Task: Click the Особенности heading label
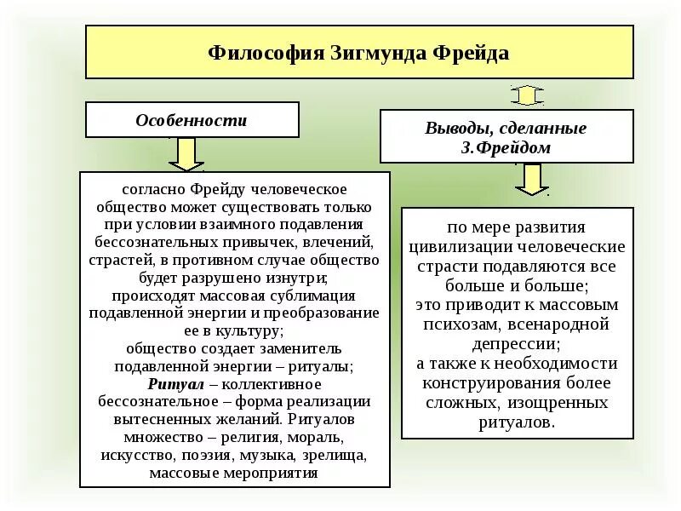pos(192,120)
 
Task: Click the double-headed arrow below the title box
pos(527,95)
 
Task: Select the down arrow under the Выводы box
pos(532,179)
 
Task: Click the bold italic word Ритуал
pos(170,384)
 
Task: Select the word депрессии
pos(513,343)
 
